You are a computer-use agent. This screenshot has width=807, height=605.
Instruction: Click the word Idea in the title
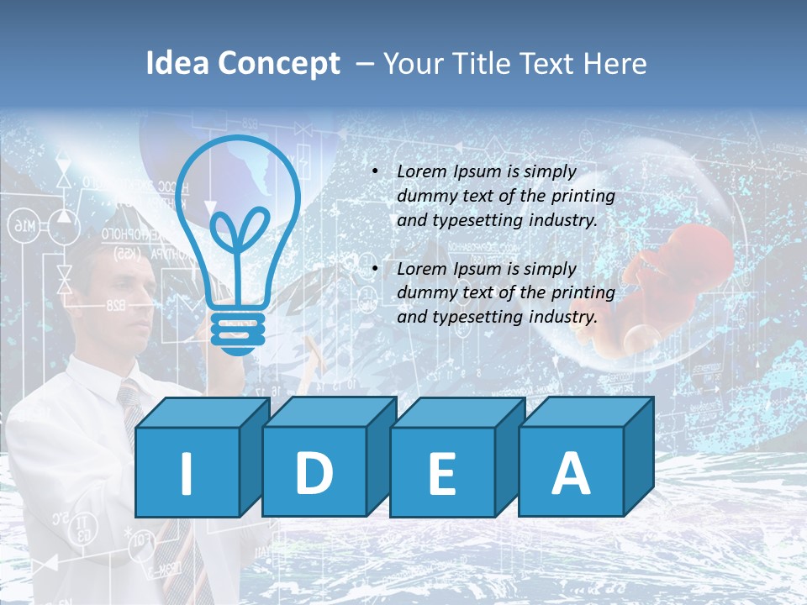click(177, 64)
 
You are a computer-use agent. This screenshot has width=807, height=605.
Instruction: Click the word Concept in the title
click(280, 64)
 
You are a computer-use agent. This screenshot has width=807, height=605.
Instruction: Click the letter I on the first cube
click(187, 473)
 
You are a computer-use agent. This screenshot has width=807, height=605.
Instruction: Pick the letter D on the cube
click(314, 473)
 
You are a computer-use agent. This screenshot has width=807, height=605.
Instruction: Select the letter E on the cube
click(442, 474)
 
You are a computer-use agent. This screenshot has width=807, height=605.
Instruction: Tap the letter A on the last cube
click(571, 473)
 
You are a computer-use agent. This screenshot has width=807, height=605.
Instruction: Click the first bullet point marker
click(374, 171)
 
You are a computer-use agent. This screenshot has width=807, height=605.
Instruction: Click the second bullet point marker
click(374, 269)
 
